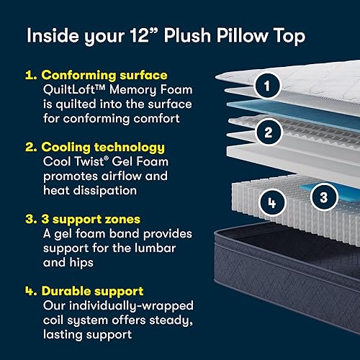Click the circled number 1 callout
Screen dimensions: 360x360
(x=267, y=87)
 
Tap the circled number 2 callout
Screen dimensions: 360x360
(x=267, y=132)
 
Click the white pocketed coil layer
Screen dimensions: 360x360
(x=245, y=202)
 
